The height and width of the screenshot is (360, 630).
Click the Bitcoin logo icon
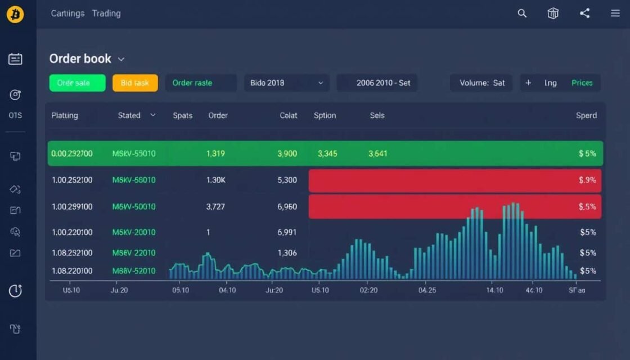coord(15,14)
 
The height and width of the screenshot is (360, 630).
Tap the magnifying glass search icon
coord(522,13)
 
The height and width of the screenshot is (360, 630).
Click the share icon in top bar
coord(584,13)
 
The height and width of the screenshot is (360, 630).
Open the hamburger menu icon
coord(615,13)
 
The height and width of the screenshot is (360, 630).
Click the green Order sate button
coord(77,83)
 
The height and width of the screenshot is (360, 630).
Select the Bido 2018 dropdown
coord(287,83)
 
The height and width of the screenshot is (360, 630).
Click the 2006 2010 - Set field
coord(383,83)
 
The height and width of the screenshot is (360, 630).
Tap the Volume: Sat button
coord(481,83)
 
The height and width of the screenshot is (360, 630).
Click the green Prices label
coord(582,83)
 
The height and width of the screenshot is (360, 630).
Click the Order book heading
coord(80,58)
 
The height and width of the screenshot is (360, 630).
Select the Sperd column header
coord(586,115)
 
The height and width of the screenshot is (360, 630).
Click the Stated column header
coord(129,115)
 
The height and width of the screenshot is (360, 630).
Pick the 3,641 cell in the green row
coord(377,153)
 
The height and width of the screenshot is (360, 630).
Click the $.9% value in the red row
coord(587,181)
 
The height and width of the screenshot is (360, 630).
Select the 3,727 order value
coord(215,206)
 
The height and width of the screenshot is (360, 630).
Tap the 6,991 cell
coord(287,232)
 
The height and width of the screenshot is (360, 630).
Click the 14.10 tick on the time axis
coord(494,290)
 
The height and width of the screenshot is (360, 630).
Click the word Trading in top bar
coord(106,13)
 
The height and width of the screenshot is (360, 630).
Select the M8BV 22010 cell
coord(134,253)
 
